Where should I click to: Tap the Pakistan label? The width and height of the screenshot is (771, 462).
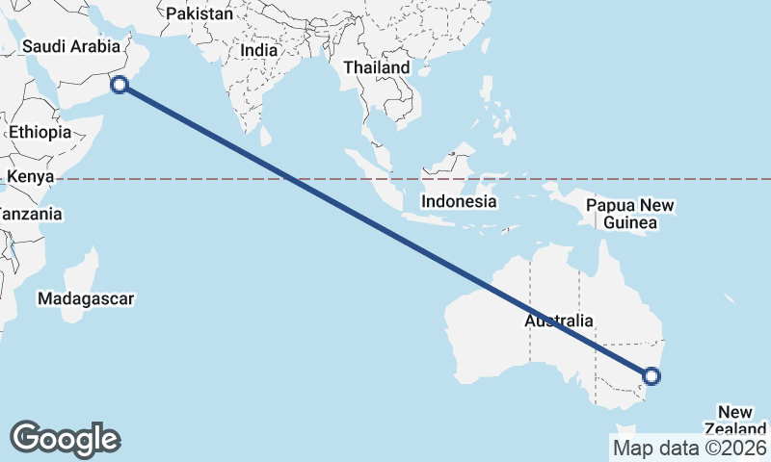(x=199, y=14)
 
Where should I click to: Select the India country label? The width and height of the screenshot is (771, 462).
(x=258, y=50)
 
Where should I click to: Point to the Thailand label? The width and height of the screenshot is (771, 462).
(x=377, y=68)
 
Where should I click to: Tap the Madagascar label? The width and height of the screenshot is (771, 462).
(x=86, y=298)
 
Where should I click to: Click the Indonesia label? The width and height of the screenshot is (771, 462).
(x=460, y=202)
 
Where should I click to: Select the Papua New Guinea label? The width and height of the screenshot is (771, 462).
(x=630, y=214)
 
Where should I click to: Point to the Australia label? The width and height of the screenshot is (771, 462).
(x=559, y=321)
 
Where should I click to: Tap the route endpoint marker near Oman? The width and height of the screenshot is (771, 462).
(x=120, y=85)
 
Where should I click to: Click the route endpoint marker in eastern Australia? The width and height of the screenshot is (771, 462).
(x=651, y=375)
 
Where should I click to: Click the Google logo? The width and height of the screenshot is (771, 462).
(x=66, y=439)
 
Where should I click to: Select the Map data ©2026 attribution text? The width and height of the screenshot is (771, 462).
(x=689, y=448)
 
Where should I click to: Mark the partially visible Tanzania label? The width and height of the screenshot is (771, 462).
(x=29, y=214)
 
